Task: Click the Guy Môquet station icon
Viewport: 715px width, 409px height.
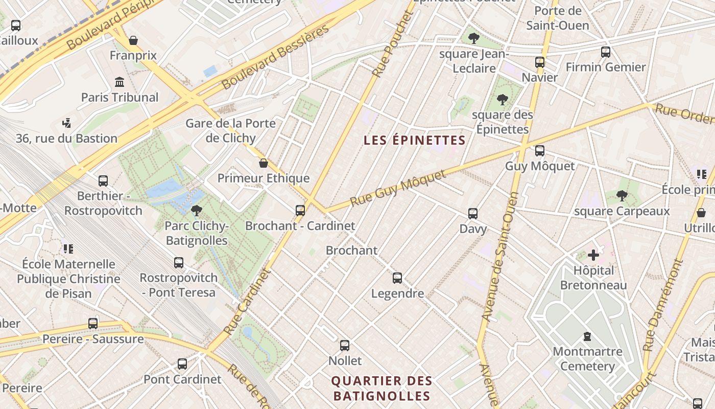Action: (539, 151)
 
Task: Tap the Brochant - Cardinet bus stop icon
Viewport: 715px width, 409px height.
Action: (300, 210)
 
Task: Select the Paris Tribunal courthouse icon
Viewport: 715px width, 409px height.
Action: (120, 82)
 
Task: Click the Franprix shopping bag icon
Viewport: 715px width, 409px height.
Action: (133, 40)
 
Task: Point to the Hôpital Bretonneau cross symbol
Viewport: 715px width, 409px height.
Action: (593, 255)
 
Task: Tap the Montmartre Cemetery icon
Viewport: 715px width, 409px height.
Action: (587, 336)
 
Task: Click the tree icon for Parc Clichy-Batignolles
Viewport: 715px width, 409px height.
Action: (196, 210)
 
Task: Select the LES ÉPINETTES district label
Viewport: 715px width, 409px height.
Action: (414, 140)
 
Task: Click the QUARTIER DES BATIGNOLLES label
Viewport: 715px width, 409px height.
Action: (382, 389)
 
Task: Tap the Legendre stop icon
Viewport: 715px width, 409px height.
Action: (397, 278)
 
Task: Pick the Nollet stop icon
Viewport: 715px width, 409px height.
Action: (345, 346)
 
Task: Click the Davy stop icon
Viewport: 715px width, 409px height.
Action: (473, 213)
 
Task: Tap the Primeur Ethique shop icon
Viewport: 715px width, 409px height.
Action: (264, 163)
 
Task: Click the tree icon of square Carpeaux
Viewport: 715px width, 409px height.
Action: (622, 195)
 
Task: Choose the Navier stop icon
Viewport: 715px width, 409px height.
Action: (540, 62)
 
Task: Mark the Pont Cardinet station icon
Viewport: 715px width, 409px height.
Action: (182, 364)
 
